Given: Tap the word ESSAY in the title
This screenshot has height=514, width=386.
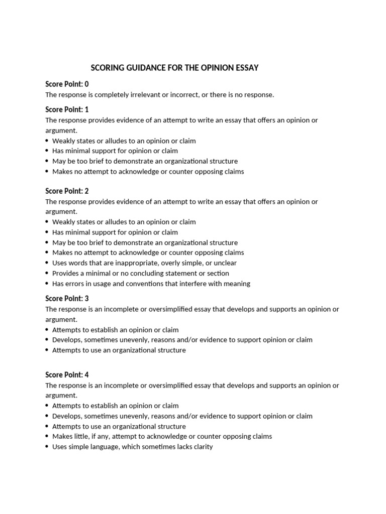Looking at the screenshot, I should point(247,68).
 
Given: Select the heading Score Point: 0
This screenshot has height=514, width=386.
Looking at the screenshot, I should point(67,84).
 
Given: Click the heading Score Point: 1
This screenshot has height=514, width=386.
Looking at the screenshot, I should point(67,109).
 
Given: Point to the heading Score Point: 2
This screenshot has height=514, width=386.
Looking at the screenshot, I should point(67,191).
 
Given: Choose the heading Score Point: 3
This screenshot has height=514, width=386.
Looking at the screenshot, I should point(67,298).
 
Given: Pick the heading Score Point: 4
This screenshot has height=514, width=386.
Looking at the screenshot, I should point(67,374).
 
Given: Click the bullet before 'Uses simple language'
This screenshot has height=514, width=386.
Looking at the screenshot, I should point(47,447).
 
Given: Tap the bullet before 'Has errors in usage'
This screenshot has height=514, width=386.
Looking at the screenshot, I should point(47,284).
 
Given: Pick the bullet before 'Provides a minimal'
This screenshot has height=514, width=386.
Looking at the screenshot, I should point(47,274).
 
